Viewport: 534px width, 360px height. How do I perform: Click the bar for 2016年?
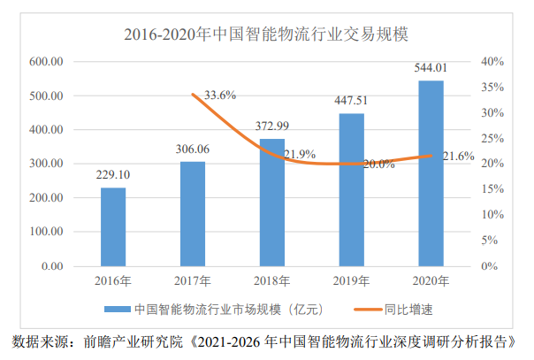coord(113,226)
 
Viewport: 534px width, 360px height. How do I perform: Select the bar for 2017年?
coord(192,213)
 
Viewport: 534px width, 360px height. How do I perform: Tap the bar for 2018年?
coord(271,203)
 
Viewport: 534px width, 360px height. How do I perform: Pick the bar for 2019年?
coord(351,189)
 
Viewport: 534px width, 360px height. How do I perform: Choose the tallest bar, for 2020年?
coord(431,173)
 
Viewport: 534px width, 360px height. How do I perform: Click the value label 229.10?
coord(113,176)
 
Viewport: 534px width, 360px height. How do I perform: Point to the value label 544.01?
coord(431,68)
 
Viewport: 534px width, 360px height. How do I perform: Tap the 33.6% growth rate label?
coord(219,95)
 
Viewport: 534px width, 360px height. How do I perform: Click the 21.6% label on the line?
coord(458,156)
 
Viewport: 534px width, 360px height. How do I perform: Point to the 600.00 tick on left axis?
coord(46,62)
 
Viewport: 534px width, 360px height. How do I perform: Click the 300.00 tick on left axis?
coord(46,164)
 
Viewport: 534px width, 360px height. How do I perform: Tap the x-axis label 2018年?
coord(271,281)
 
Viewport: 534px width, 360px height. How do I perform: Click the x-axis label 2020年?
coord(431,281)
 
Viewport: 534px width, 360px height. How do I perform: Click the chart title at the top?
coord(271,35)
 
